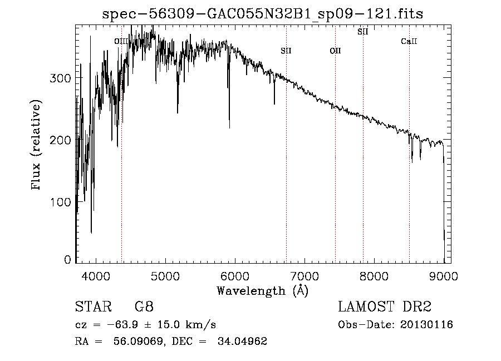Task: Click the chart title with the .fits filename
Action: point(263,14)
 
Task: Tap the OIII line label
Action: point(121,41)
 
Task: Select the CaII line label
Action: point(409,41)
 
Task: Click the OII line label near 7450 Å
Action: point(335,51)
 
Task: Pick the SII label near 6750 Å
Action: point(286,51)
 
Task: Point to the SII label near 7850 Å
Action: point(363,32)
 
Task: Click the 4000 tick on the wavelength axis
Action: point(96,275)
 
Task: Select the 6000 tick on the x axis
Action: point(235,275)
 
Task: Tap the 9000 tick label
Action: point(443,275)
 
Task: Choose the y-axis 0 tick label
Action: point(68,260)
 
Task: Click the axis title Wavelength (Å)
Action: point(262,290)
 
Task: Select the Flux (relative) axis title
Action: point(37,146)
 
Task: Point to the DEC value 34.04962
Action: point(242,342)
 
